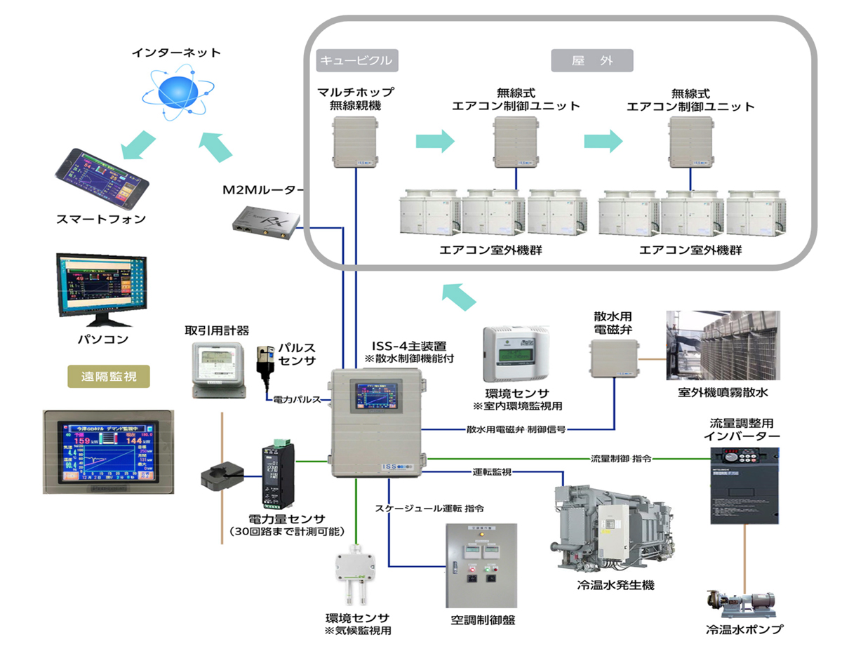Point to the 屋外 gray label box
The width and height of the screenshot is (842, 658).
point(592,60)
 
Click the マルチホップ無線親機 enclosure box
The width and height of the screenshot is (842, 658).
point(355,143)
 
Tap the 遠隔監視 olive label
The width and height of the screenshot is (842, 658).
point(109,376)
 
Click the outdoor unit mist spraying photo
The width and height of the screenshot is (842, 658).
point(722,345)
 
